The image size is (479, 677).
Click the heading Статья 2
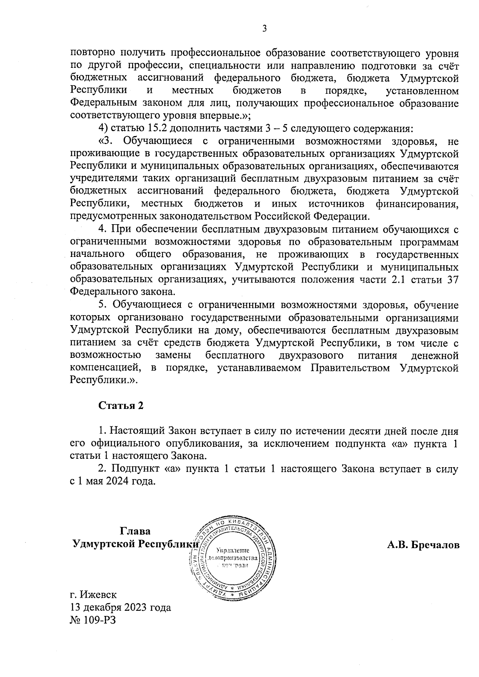(121, 406)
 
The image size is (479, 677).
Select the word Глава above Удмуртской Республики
(135, 531)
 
